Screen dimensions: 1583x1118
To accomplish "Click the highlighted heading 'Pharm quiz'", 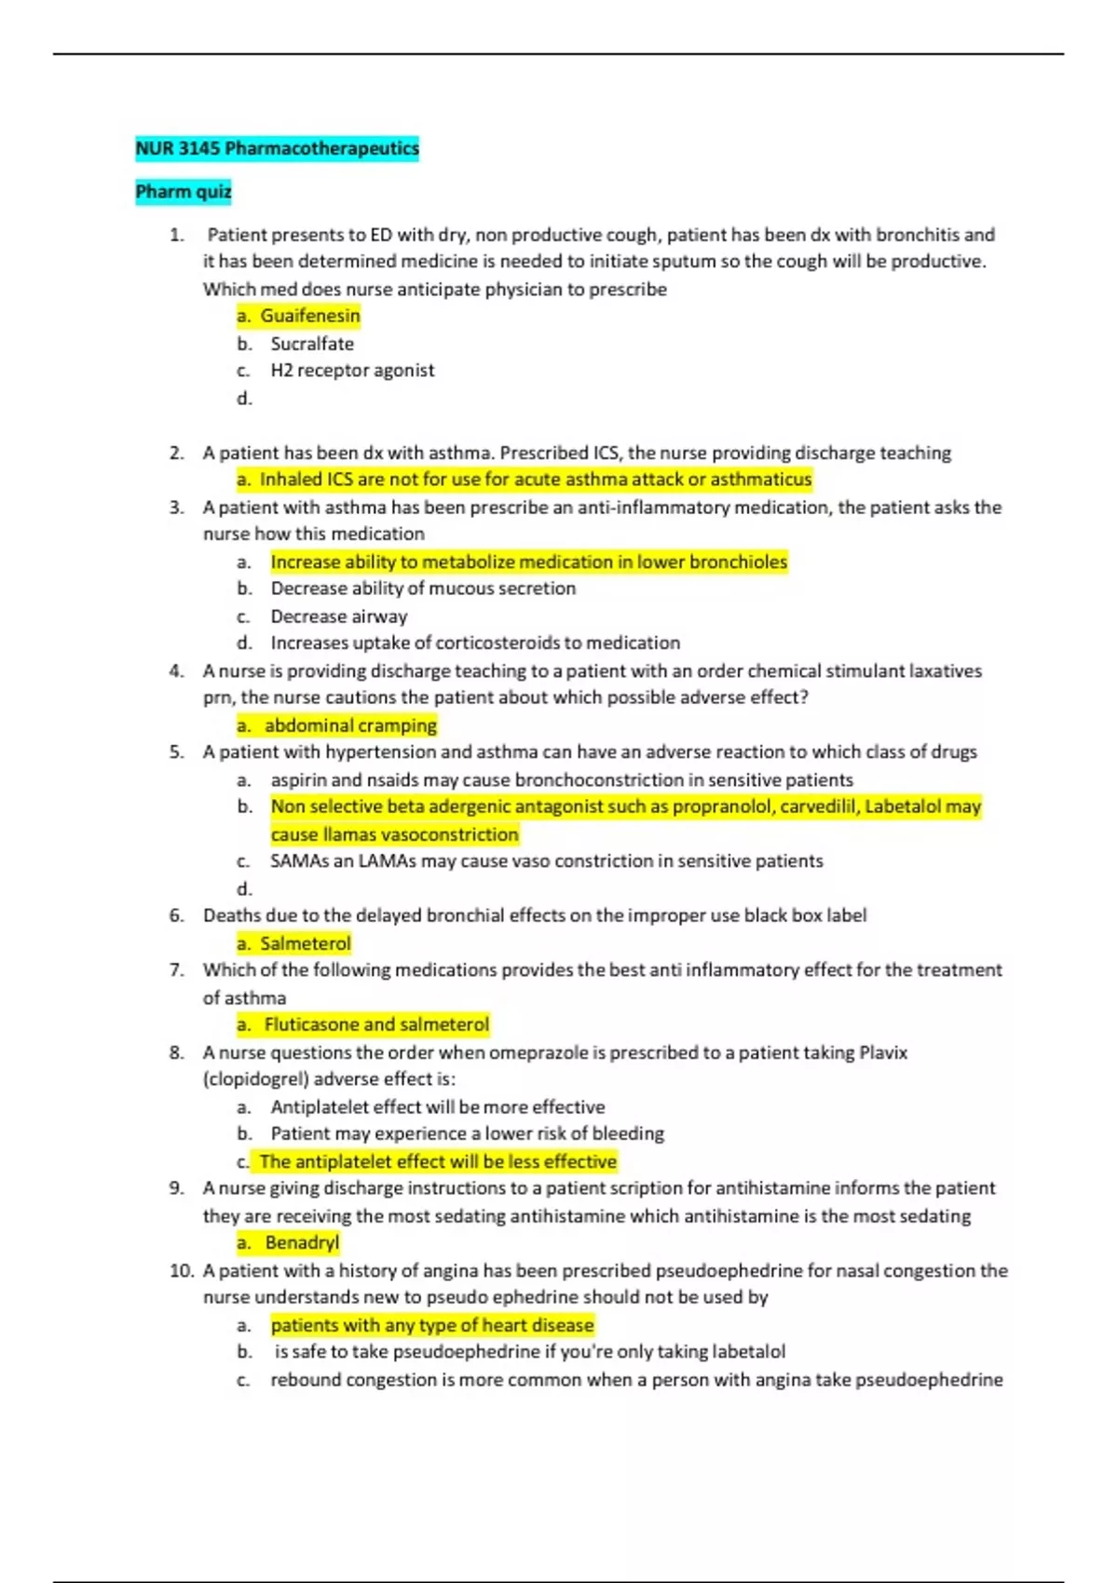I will [183, 192].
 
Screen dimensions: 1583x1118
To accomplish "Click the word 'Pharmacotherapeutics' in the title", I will [321, 148].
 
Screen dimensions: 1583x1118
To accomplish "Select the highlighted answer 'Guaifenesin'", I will [309, 316].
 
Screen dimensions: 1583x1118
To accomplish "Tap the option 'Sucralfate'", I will [312, 344].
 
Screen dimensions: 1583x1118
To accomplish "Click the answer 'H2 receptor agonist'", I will [352, 371].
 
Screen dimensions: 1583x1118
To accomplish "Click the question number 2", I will [176, 453].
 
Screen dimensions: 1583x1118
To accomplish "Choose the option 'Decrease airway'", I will [339, 616].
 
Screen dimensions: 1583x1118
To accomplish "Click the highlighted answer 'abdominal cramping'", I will [350, 725].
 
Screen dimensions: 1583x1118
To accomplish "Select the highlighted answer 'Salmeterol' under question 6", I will [305, 943].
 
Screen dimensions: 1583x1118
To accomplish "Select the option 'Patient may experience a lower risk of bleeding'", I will [467, 1133].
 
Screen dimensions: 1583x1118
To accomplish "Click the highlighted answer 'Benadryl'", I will [302, 1242].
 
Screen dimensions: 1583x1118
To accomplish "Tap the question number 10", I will [181, 1271].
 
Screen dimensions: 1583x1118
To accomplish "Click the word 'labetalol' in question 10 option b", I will [748, 1351].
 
